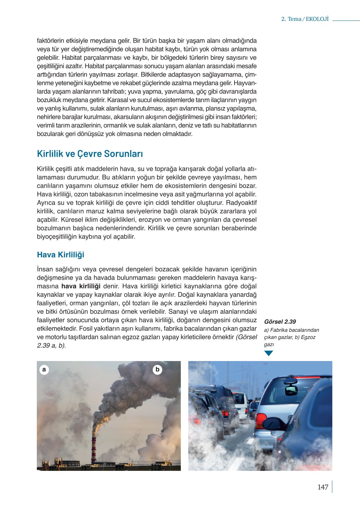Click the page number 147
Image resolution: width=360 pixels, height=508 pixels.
click(323, 487)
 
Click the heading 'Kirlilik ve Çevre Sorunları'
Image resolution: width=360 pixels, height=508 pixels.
click(90, 154)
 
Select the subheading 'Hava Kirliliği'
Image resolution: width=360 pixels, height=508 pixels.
click(61, 254)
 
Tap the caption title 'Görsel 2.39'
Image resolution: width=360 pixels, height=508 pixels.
click(280, 322)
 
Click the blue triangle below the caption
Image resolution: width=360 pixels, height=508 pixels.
click(268, 353)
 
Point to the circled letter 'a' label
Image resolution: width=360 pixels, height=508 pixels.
click(44, 370)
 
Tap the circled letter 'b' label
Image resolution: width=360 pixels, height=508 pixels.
click(157, 370)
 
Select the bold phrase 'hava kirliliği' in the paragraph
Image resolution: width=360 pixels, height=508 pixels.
click(81, 286)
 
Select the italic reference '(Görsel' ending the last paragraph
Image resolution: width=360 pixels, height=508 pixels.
click(246, 337)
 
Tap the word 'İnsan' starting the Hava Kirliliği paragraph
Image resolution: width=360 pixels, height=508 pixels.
click(45, 269)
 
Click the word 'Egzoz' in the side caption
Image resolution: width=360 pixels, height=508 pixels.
click(308, 337)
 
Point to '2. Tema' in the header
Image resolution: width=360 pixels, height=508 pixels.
click(291, 19)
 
